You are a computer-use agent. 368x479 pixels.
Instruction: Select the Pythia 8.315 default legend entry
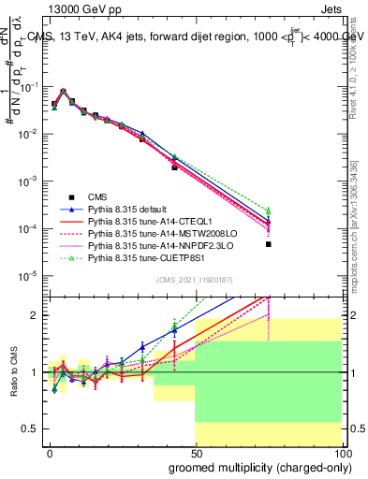pyautogui.click(x=130, y=210)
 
